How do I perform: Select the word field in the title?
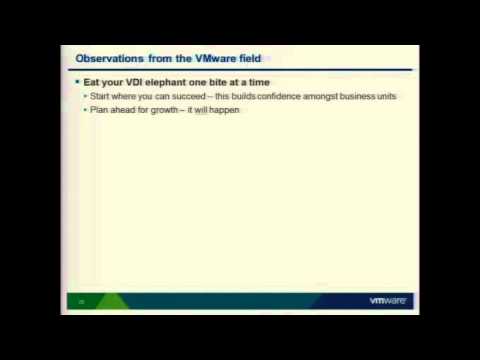pyautogui.click(x=247, y=59)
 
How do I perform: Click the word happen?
pyautogui.click(x=226, y=110)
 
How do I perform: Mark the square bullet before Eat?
pyautogui.click(x=78, y=80)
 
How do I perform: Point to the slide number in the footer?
pyautogui.click(x=80, y=300)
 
